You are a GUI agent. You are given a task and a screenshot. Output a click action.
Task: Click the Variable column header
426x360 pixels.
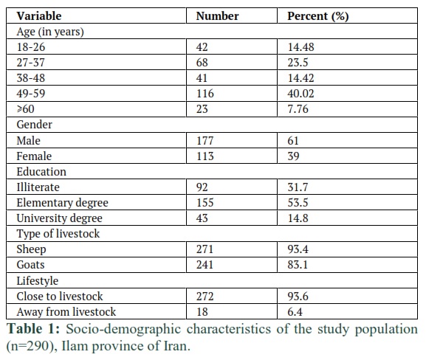pyautogui.click(x=39, y=15)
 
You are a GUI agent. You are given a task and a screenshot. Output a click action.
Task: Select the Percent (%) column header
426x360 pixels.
pyautogui.click(x=318, y=16)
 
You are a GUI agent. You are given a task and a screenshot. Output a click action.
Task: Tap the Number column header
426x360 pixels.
pyautogui.click(x=217, y=15)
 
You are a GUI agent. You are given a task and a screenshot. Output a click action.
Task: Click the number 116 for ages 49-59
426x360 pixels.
pyautogui.click(x=205, y=94)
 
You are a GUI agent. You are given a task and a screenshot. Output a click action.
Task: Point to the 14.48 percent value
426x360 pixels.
pyautogui.click(x=300, y=47)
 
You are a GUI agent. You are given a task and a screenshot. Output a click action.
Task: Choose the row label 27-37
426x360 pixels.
pyautogui.click(x=30, y=63)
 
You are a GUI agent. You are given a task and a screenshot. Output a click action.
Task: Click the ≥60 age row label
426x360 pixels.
pyautogui.click(x=26, y=109)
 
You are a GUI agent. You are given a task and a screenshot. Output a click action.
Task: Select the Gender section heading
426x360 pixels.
pyautogui.click(x=34, y=125)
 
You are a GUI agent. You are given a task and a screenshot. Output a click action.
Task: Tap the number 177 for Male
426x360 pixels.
pyautogui.click(x=205, y=141)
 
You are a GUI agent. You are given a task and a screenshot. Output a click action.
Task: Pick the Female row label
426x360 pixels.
pyautogui.click(x=34, y=156)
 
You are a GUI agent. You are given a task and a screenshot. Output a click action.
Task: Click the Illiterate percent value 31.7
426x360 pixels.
pyautogui.click(x=298, y=187)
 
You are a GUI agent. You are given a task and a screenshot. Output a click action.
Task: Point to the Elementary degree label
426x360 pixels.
pyautogui.click(x=62, y=203)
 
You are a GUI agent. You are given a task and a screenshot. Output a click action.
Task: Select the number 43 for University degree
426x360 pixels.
pyautogui.click(x=202, y=218)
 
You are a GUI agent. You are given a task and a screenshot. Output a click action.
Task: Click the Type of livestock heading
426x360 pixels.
pyautogui.click(x=58, y=234)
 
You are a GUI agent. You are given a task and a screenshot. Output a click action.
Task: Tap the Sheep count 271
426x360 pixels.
pyautogui.click(x=205, y=249)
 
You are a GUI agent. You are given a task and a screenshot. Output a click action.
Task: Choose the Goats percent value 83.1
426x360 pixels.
pyautogui.click(x=298, y=264)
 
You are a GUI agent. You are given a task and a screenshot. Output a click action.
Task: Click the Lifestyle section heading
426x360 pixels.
pyautogui.click(x=37, y=281)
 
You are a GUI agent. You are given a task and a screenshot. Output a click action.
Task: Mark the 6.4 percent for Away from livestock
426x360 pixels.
pyautogui.click(x=295, y=311)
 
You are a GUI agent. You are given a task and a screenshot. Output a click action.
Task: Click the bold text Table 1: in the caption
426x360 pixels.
pyautogui.click(x=33, y=329)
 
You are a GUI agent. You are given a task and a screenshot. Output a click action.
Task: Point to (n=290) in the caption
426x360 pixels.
pyautogui.click(x=32, y=346)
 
